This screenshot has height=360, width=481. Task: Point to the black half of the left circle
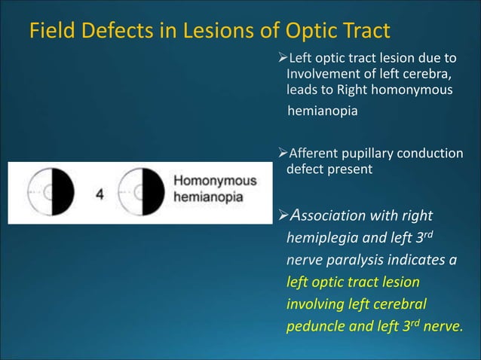[63, 193]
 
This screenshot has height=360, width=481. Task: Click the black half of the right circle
[155, 193]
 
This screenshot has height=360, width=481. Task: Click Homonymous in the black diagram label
[215, 182]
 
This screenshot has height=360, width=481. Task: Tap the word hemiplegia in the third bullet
[320, 239]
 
